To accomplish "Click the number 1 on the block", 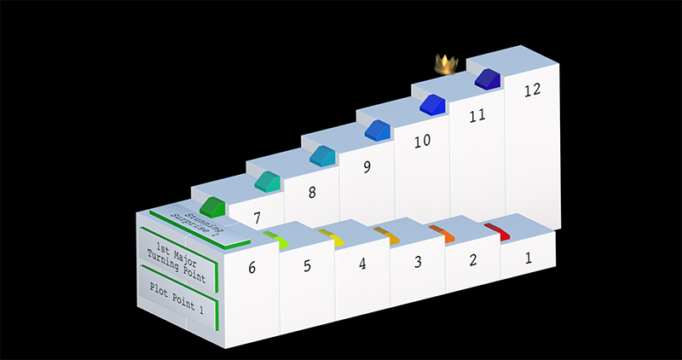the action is pyautogui.click(x=529, y=255).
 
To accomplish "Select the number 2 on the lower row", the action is pyautogui.click(x=472, y=259).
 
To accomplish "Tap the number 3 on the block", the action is pyautogui.click(x=418, y=262).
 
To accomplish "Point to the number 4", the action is pyautogui.click(x=362, y=264).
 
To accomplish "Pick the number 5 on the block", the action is pyautogui.click(x=307, y=265).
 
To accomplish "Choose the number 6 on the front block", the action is pyautogui.click(x=251, y=268).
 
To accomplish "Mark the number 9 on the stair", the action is pyautogui.click(x=367, y=167).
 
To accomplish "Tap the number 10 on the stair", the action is pyautogui.click(x=422, y=141).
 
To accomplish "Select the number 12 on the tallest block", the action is pyautogui.click(x=533, y=90).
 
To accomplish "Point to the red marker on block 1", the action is pyautogui.click(x=497, y=230).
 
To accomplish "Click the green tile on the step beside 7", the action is pyautogui.click(x=211, y=206).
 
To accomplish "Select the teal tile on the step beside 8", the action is pyautogui.click(x=267, y=180).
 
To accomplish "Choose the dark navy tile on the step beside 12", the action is pyautogui.click(x=487, y=79).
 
